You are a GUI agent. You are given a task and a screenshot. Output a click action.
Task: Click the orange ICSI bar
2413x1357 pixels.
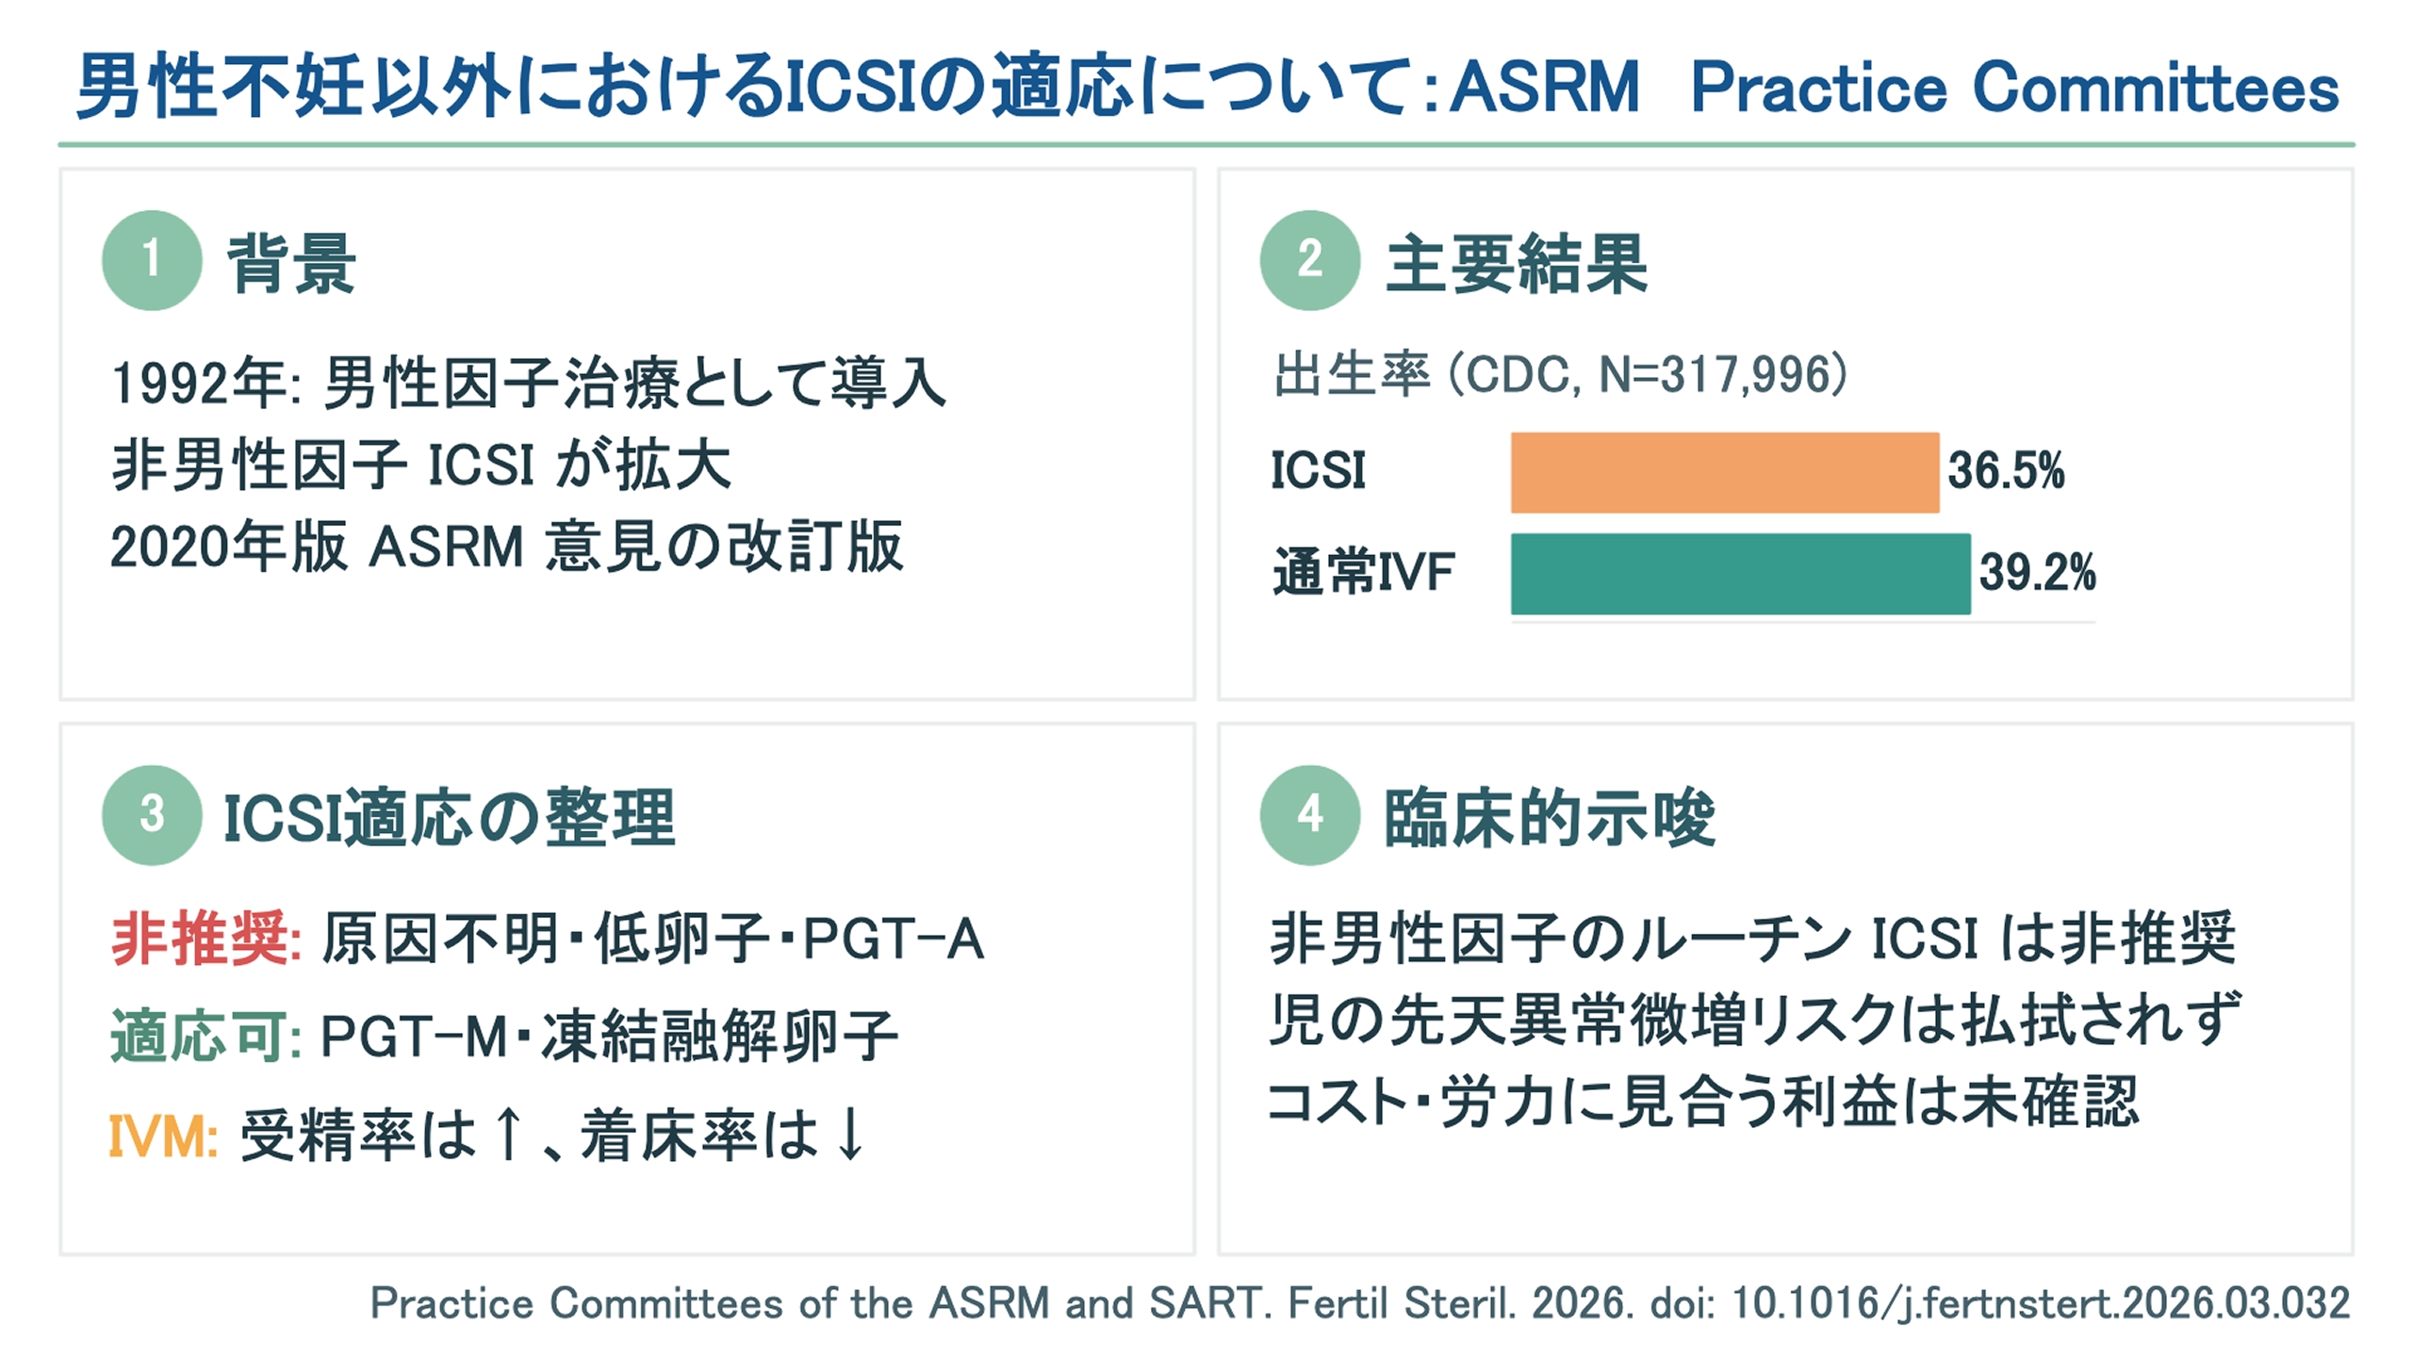(x=1725, y=472)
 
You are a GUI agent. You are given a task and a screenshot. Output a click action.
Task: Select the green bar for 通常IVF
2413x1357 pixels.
(x=1741, y=573)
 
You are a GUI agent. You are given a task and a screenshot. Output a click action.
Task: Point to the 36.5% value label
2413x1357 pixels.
(x=2006, y=471)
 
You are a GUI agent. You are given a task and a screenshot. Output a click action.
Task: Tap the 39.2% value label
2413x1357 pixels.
(x=2038, y=572)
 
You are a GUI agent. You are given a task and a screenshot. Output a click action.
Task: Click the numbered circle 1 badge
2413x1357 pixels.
(x=152, y=260)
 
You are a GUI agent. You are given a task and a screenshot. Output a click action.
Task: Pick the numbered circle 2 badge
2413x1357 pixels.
(x=1310, y=260)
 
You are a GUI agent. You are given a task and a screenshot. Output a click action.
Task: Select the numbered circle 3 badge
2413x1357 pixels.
(x=152, y=815)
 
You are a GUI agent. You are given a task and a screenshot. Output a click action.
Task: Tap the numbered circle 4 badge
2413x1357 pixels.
(x=1310, y=815)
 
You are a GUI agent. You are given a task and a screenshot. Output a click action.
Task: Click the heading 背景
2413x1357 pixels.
(x=292, y=263)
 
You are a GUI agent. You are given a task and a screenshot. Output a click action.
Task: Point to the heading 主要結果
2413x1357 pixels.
(x=1517, y=263)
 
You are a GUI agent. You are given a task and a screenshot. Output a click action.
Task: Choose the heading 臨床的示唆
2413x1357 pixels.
(x=1550, y=817)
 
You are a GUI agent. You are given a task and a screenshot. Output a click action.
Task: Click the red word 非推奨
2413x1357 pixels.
(x=200, y=939)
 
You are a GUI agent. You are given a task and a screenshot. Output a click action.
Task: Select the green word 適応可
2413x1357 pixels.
(x=200, y=1037)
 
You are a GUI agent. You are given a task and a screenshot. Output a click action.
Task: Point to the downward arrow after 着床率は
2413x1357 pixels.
(x=850, y=1134)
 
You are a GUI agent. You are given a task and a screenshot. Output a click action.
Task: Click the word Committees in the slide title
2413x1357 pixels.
(x=2156, y=88)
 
